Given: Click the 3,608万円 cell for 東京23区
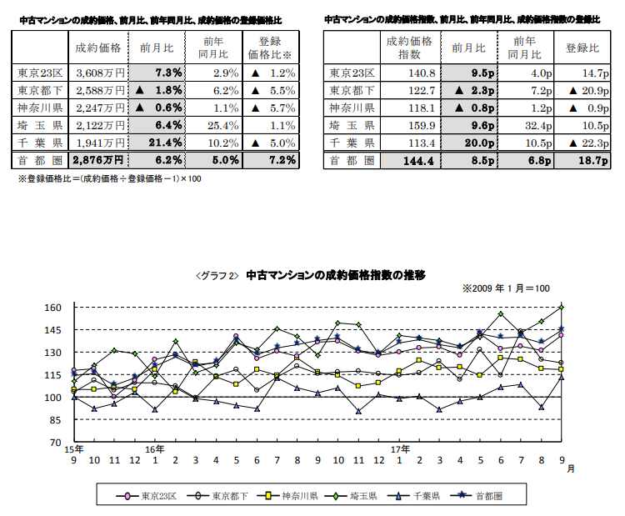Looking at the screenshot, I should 98,73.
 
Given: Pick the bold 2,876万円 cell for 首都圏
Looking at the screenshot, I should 97,159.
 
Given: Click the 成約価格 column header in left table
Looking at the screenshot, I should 97,47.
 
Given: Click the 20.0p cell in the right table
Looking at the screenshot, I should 475,143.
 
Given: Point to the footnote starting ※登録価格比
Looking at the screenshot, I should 109,178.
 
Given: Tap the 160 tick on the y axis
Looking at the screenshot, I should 52,308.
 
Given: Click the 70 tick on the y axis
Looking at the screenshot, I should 56,443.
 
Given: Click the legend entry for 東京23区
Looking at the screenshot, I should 152,495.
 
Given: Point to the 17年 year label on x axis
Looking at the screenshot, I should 398,449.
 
